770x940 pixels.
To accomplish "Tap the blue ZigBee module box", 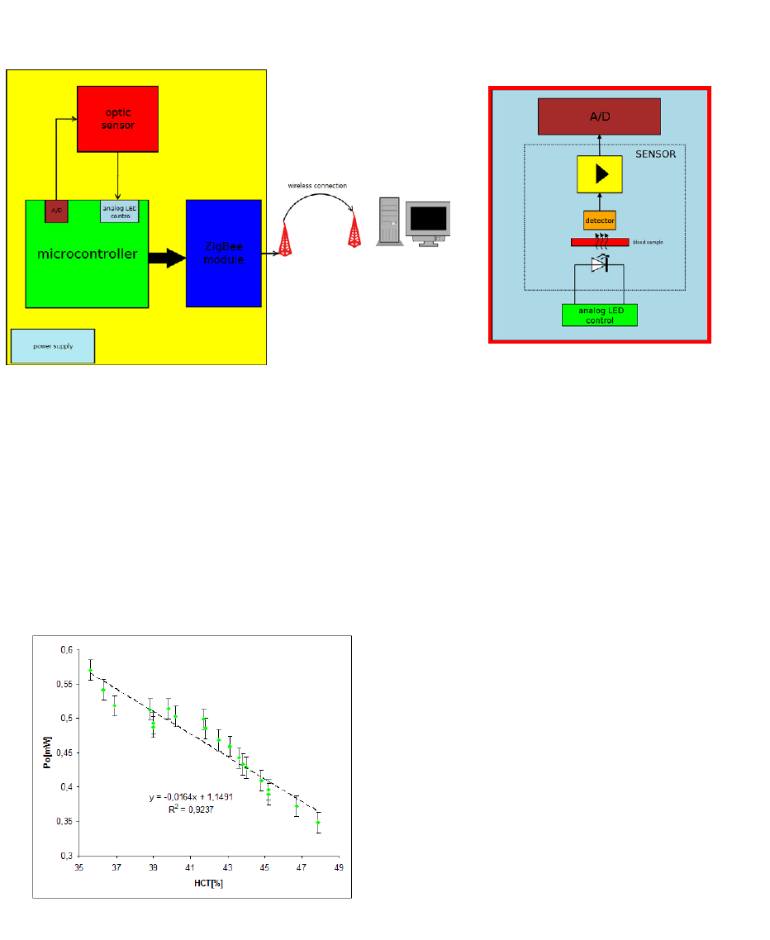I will (x=224, y=253).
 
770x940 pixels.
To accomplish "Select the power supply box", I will (x=53, y=346).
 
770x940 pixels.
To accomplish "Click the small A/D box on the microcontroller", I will (x=57, y=211).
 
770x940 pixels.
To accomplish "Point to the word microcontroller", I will (x=87, y=254).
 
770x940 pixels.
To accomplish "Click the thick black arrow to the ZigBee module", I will (x=167, y=257).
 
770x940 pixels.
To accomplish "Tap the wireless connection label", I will (x=317, y=186).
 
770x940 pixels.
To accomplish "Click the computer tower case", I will (x=388, y=221).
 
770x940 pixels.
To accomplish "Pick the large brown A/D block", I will (x=599, y=116).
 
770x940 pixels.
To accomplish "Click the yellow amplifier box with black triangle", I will (x=599, y=174).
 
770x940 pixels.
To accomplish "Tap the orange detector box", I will (x=599, y=221).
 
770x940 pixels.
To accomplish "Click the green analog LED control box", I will (x=599, y=316).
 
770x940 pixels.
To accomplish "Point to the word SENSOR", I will (x=656, y=154).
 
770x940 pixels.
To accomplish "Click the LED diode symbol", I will (x=600, y=265).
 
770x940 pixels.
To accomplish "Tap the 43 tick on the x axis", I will (x=227, y=868).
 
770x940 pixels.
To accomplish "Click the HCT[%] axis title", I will (x=207, y=883).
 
